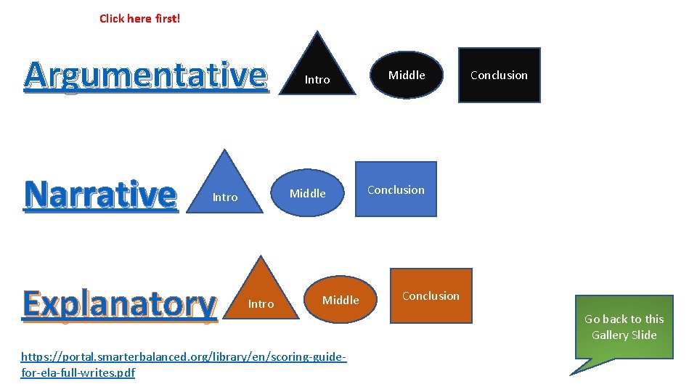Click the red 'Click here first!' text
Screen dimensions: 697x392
[139, 18]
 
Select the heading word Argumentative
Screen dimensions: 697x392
[145, 75]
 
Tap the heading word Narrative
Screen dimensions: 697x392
[100, 194]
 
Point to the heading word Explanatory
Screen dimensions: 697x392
[120, 303]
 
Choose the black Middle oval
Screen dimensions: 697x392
[407, 75]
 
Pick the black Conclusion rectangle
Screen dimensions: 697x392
[499, 75]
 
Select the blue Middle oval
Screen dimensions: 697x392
[308, 193]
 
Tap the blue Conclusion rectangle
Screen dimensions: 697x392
[396, 189]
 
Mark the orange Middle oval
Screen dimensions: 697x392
[341, 300]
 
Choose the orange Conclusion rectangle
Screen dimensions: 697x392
[431, 295]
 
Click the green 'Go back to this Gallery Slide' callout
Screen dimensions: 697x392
[624, 327]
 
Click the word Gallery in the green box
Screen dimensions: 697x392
[609, 335]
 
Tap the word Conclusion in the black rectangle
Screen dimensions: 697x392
[499, 75]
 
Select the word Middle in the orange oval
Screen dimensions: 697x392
[341, 301]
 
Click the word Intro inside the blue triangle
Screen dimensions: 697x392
[225, 197]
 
